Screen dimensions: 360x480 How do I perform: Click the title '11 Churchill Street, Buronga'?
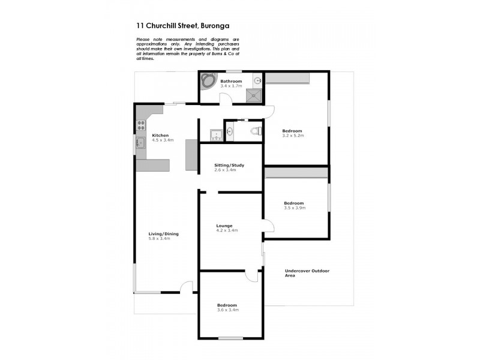coord(182,26)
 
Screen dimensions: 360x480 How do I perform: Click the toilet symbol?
coord(254,131)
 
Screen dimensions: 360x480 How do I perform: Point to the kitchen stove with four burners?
coord(142,125)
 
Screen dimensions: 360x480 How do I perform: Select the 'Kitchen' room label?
coord(160,135)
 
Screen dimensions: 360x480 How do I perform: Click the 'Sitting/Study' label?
coord(230,165)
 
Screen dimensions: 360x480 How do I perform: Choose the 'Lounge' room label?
coord(225,226)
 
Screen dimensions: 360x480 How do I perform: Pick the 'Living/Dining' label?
coord(164,234)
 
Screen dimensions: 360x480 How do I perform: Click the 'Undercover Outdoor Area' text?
coord(307,273)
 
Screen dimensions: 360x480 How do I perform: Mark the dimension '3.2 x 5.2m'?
coord(294,136)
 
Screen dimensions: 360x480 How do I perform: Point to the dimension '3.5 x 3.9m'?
coord(295,208)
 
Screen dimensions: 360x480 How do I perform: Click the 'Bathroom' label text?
coord(231,81)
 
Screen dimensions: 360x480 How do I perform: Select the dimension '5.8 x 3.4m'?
coord(160,239)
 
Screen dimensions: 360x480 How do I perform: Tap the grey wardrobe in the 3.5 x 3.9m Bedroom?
coord(296,173)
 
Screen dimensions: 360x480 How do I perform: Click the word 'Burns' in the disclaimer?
coord(211,54)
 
